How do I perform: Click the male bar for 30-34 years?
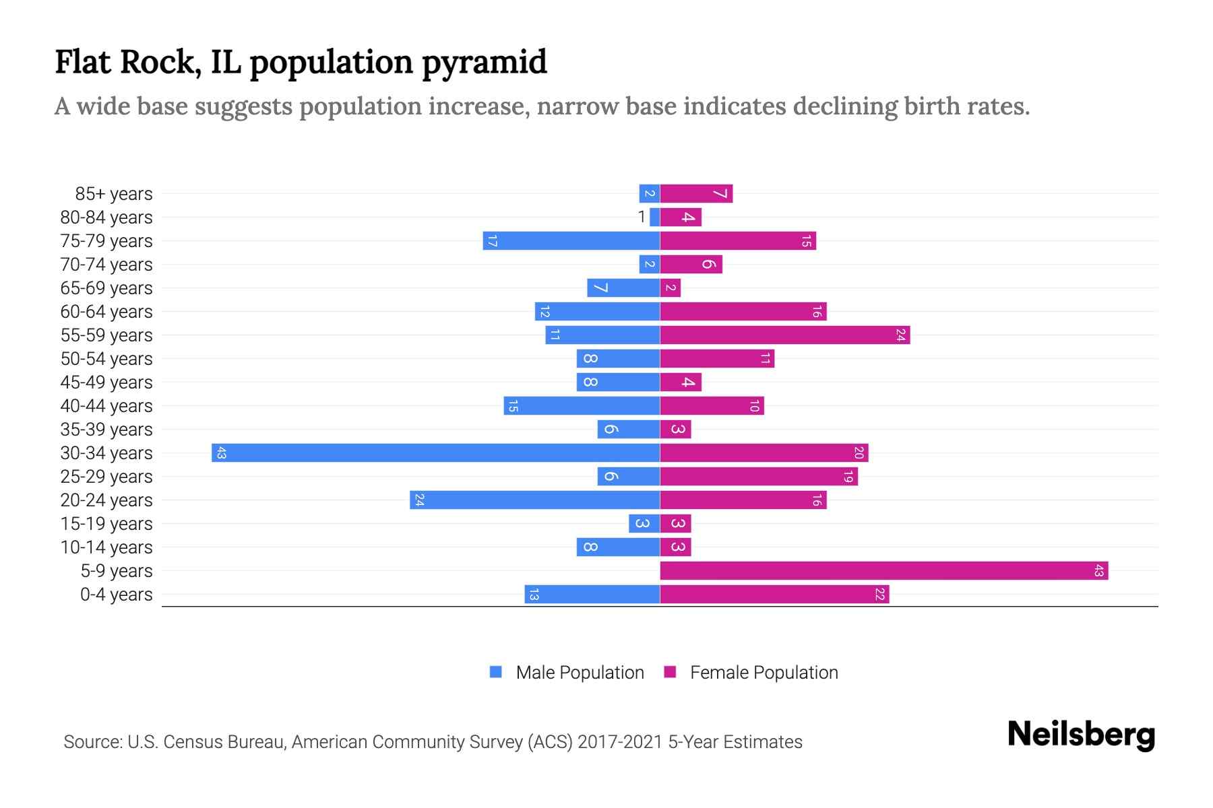(435, 452)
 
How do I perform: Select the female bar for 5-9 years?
(883, 570)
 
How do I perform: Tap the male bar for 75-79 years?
(571, 240)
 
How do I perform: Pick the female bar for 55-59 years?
(784, 335)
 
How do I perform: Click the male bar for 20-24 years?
(534, 500)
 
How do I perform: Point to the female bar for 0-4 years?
(774, 594)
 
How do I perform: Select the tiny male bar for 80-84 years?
(654, 217)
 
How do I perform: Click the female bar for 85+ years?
(696, 193)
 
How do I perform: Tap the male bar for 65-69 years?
(623, 288)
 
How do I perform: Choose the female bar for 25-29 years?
(758, 476)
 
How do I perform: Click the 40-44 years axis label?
(106, 406)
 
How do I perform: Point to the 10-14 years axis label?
(106, 547)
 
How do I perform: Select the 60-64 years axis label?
(106, 312)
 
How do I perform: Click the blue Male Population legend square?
(496, 672)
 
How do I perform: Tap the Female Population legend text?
(764, 673)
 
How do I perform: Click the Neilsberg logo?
(1081, 735)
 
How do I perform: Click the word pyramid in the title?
(485, 63)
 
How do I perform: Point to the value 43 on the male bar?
(221, 452)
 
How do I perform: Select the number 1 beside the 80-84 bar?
(642, 217)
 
